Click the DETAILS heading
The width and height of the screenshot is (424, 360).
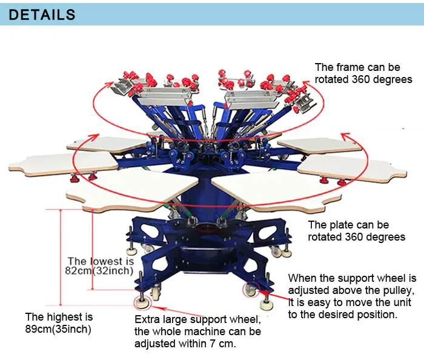coord(42,15)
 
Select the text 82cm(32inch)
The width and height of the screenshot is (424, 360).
coord(99,271)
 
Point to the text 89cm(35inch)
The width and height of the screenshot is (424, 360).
coord(58,329)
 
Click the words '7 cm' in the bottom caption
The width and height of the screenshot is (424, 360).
coord(222,344)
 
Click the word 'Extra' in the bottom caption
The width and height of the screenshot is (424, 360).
coord(146,319)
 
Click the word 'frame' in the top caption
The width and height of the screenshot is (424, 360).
coord(351,67)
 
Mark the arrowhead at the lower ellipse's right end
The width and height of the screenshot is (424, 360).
coord(346,136)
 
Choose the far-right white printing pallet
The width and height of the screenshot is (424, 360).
coord(351,168)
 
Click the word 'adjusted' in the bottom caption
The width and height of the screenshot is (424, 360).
coord(154,344)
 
